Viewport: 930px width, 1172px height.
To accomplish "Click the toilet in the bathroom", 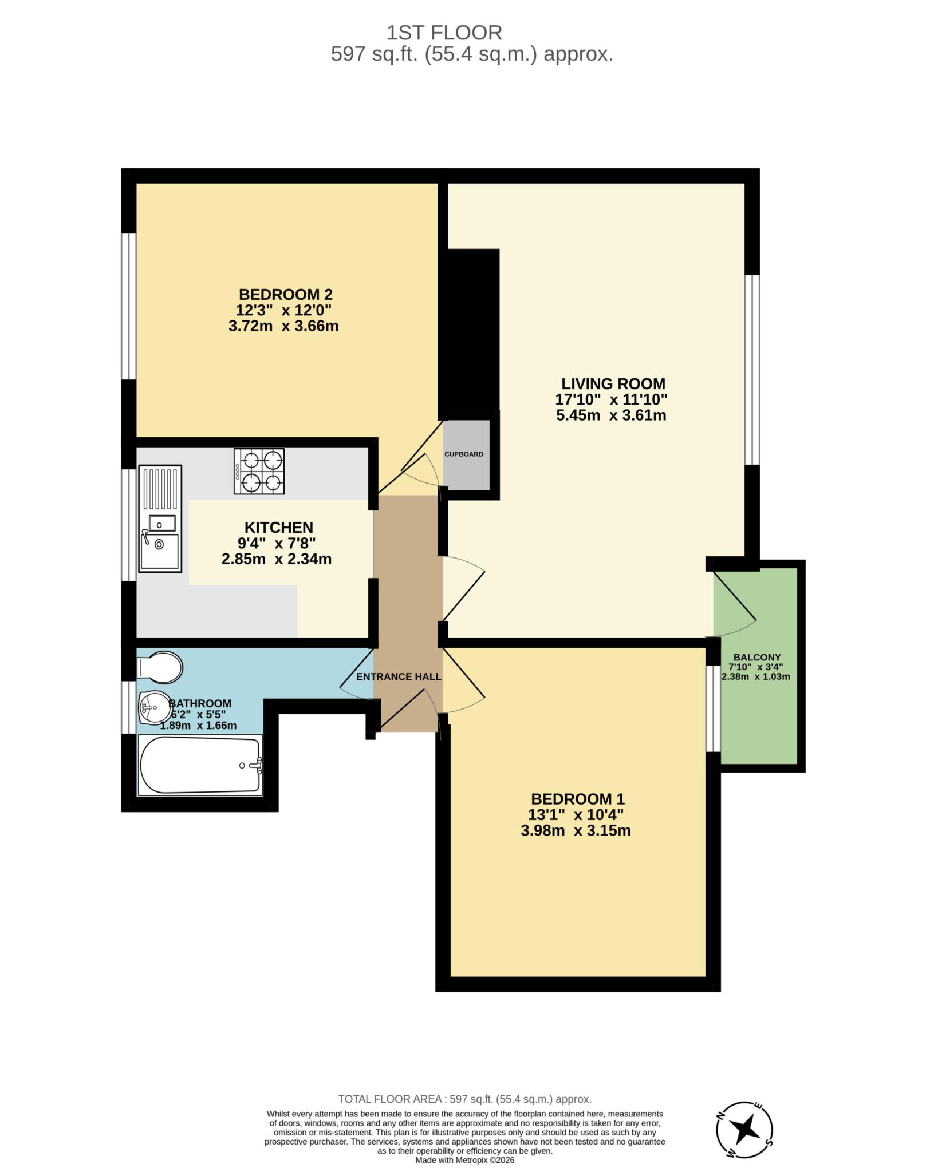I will pyautogui.click(x=160, y=667).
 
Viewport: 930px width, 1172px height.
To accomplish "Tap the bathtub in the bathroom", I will pyautogui.click(x=200, y=765).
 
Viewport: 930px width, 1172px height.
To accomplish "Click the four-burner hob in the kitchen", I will pyautogui.click(x=259, y=471).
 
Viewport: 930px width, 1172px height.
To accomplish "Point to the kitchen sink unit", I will pyautogui.click(x=160, y=518).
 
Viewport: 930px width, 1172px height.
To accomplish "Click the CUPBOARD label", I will pyautogui.click(x=464, y=454).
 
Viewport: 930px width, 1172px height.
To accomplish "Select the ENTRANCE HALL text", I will pyautogui.click(x=399, y=677).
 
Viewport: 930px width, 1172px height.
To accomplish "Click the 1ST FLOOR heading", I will pyautogui.click(x=444, y=33).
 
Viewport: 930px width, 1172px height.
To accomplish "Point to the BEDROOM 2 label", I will pyautogui.click(x=285, y=295).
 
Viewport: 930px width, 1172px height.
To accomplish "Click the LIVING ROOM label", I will pyautogui.click(x=613, y=383).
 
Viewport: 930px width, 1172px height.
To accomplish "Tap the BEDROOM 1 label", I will pyautogui.click(x=577, y=799).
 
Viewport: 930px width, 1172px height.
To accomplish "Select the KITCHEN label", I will pyautogui.click(x=278, y=527).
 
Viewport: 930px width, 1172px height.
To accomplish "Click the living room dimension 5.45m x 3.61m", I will pyautogui.click(x=611, y=415).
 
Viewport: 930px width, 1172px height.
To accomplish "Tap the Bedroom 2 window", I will pyautogui.click(x=129, y=306).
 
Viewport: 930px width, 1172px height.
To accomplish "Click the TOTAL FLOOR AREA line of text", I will pyautogui.click(x=464, y=1099).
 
